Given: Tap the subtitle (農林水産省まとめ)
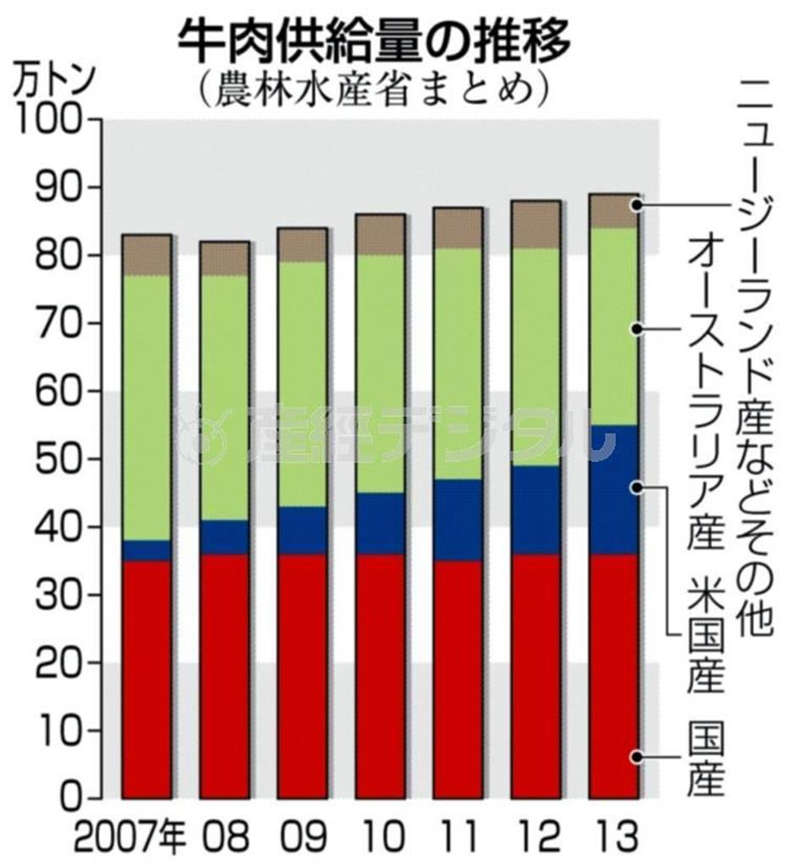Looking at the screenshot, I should pyautogui.click(x=373, y=88).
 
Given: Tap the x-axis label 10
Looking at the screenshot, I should pyautogui.click(x=380, y=839).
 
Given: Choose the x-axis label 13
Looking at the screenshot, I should pyautogui.click(x=614, y=839).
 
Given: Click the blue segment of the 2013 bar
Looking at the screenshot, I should pyautogui.click(x=614, y=490).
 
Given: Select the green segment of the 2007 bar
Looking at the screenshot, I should pyautogui.click(x=147, y=408).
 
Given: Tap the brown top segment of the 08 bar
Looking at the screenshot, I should pyautogui.click(x=225, y=259).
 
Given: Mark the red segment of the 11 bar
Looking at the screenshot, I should pyautogui.click(x=458, y=679).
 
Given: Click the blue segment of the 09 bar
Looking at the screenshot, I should pyautogui.click(x=303, y=531).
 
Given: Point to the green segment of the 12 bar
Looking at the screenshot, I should pyautogui.click(x=536, y=357).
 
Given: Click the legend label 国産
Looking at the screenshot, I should pyautogui.click(x=706, y=759).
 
